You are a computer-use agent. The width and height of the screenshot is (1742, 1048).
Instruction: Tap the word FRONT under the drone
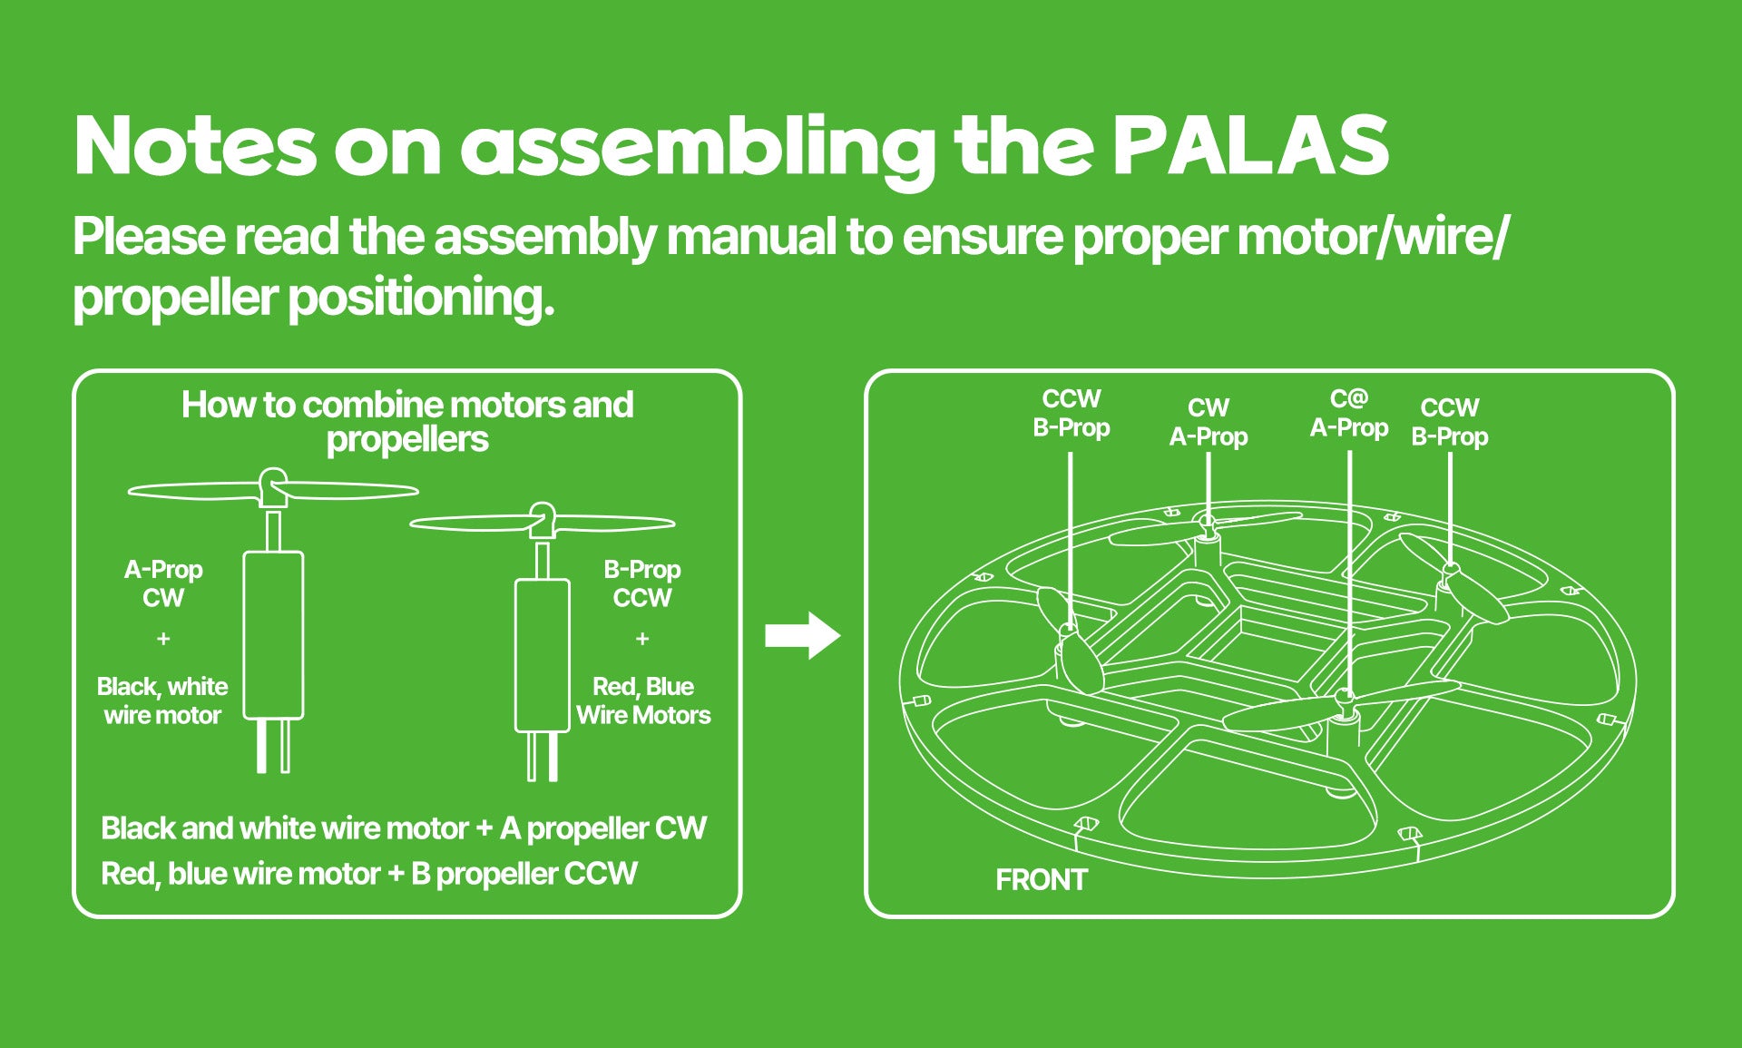coord(1041,879)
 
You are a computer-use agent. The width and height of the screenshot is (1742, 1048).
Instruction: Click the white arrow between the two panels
coord(802,635)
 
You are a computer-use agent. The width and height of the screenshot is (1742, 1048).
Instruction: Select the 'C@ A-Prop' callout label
coord(1348,413)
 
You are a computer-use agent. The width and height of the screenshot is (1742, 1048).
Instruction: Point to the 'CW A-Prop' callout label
coord(1208,422)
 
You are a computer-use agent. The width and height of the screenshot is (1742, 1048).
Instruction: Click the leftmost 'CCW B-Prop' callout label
coord(1071,413)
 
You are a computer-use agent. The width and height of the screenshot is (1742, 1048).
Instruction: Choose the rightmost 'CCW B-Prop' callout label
coord(1449,422)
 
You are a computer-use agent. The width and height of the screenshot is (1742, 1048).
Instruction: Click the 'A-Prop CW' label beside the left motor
coord(163,583)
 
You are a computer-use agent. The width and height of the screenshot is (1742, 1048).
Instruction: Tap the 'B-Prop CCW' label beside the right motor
coord(642,583)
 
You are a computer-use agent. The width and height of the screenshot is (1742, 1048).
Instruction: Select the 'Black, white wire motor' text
coord(162,700)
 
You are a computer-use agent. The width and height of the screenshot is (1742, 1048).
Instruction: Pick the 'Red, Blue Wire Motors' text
coord(643,700)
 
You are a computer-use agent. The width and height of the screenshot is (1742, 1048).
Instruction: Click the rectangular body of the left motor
coord(273,635)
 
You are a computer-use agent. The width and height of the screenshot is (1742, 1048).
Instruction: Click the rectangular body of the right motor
coord(542,655)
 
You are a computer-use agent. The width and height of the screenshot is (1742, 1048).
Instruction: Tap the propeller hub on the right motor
coord(543,518)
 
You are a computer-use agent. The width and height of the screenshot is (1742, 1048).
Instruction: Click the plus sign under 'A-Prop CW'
coord(163,639)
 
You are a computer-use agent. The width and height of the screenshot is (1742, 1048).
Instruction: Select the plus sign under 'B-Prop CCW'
coord(642,639)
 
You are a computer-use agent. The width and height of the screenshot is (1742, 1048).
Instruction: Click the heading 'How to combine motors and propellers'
coord(407,422)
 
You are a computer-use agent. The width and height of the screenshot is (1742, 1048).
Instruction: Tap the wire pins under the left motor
coord(273,746)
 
